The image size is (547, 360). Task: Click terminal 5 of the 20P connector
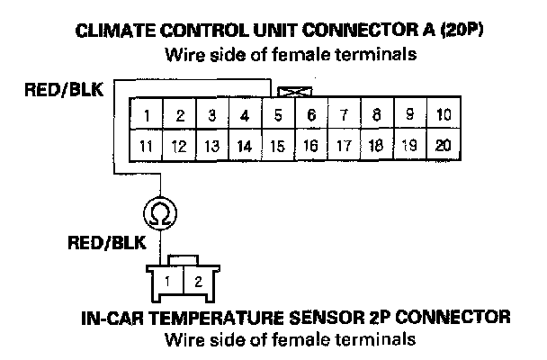click(279, 115)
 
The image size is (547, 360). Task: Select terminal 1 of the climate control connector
click(147, 115)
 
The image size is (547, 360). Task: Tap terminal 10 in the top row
click(442, 115)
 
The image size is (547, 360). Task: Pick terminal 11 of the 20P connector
click(147, 144)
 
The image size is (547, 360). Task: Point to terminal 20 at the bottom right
click(442, 144)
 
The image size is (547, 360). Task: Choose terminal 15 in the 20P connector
click(279, 144)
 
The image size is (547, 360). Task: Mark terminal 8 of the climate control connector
click(377, 115)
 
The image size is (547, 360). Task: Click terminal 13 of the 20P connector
click(212, 144)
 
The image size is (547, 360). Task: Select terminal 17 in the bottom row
click(344, 144)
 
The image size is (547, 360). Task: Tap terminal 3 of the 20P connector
click(212, 115)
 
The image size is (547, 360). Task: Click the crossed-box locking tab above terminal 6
click(291, 91)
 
